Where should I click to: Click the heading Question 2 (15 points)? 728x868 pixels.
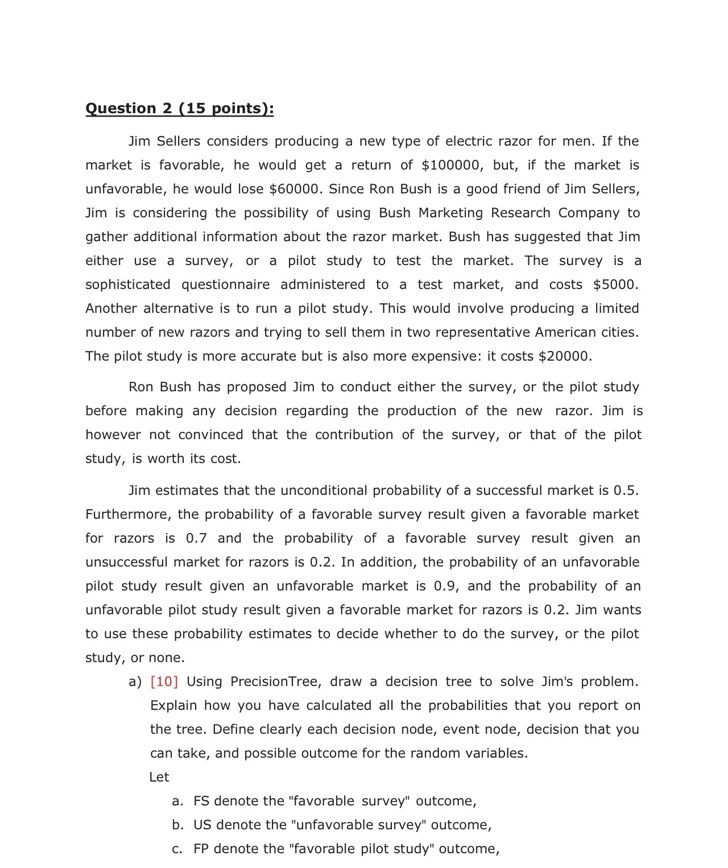(x=179, y=108)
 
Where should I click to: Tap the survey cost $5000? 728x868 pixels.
(x=615, y=284)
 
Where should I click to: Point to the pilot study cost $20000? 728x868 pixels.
(x=565, y=356)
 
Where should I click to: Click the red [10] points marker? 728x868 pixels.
(x=164, y=681)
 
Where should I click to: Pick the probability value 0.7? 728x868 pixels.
(x=196, y=538)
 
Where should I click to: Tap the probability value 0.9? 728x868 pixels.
(x=445, y=586)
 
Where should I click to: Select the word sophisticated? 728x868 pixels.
(x=128, y=284)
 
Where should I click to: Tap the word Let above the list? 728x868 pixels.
(x=159, y=777)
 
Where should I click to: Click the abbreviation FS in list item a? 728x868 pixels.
(x=201, y=801)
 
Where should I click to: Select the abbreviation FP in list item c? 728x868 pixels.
(x=201, y=849)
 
